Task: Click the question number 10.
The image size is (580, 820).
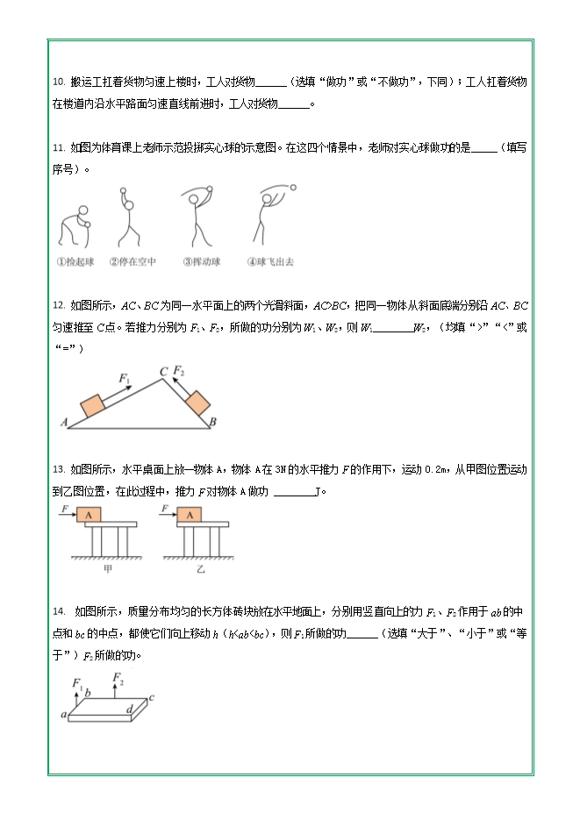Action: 58,82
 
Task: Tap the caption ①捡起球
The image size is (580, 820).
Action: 75,260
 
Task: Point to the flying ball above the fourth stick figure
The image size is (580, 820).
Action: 292,186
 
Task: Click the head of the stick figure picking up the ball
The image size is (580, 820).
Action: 82,210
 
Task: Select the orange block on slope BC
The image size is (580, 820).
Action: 197,402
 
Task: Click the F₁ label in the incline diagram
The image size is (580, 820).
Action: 125,379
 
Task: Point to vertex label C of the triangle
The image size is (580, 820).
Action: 163,373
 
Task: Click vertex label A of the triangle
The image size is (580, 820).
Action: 64,423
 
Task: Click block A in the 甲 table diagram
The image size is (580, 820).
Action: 89,515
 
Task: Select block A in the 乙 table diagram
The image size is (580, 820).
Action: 190,515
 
